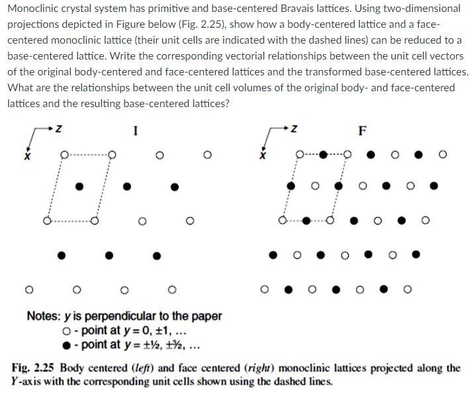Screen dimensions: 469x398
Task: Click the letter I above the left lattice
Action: tap(136, 130)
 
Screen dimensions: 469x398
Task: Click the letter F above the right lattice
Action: tap(362, 130)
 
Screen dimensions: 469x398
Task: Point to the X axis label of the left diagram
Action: tap(28, 157)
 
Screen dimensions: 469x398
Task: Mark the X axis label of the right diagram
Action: tap(263, 157)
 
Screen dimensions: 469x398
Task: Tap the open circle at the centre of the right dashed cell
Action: tap(315, 186)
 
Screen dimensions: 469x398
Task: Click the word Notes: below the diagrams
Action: tap(44, 316)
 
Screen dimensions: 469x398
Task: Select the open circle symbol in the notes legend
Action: tap(65, 331)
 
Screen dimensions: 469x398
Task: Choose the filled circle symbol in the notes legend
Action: tap(65, 344)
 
